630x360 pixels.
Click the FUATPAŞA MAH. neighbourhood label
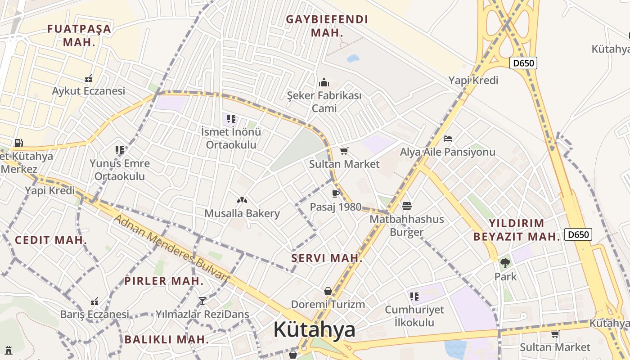pos(79,36)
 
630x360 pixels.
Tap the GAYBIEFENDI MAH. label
pos(327,26)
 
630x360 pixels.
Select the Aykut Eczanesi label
pos(88,91)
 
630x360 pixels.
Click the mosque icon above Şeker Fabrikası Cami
pos(324,82)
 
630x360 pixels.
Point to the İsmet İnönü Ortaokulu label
pos(231,138)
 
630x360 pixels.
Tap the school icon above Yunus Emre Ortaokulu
pos(119,150)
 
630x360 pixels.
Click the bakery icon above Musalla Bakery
pos(242,200)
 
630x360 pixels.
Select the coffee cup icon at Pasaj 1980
pos(335,193)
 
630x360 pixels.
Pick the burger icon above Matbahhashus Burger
pos(407,206)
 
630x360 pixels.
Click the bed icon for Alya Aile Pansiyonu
pos(447,138)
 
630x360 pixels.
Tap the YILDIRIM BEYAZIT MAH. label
pos(517,230)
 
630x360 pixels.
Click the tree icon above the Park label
pos(505,263)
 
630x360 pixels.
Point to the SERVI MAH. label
pos(327,258)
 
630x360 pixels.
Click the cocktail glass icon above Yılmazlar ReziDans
pos(202,301)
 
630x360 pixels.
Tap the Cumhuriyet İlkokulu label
pos(414,316)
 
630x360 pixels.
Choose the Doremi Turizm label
pos(328,304)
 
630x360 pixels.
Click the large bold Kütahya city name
pos(314,329)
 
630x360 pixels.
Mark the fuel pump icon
pos(18,143)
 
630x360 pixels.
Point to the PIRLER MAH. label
pos(164,281)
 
